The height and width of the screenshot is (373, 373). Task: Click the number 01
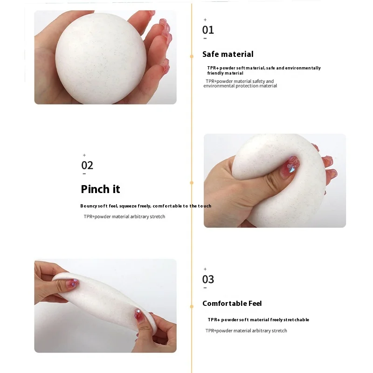click(x=208, y=30)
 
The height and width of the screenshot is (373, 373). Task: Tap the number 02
click(x=87, y=165)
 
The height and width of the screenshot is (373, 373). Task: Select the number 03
click(x=208, y=279)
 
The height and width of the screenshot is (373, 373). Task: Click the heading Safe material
click(x=228, y=54)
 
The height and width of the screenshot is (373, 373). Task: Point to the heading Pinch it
click(x=100, y=189)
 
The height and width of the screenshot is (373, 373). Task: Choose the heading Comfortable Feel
click(x=232, y=304)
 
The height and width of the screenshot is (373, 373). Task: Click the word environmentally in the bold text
click(x=304, y=68)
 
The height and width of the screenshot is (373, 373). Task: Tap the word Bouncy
click(x=88, y=206)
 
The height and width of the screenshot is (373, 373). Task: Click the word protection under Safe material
click(x=248, y=86)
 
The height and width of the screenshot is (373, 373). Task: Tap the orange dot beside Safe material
click(x=192, y=56)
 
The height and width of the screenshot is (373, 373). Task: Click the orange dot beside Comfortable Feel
click(x=192, y=306)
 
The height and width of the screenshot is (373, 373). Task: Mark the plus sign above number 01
click(x=205, y=20)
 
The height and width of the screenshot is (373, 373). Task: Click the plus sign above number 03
click(x=205, y=269)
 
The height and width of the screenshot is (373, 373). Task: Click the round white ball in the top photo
click(x=101, y=58)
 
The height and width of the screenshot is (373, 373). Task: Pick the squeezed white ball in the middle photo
click(x=275, y=182)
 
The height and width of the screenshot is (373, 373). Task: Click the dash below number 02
click(x=84, y=174)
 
